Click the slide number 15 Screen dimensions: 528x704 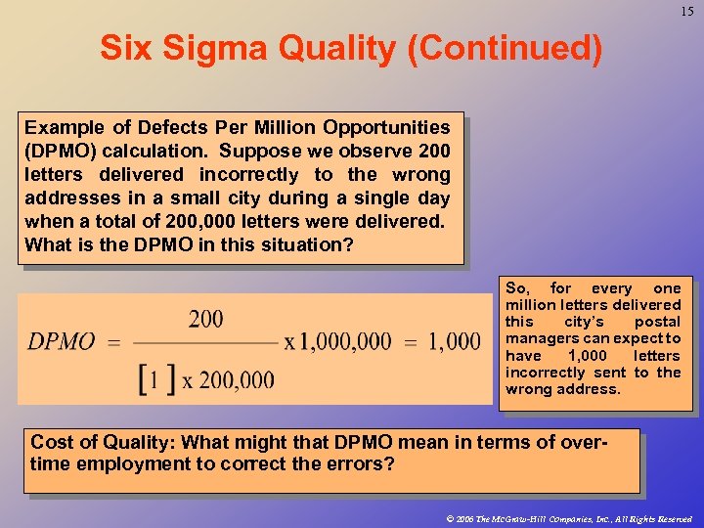pos(685,11)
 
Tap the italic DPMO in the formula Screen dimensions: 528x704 pos(62,342)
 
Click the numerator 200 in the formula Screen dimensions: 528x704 pos(205,319)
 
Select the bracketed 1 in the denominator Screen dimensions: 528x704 pos(149,379)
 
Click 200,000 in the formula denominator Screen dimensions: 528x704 pos(238,380)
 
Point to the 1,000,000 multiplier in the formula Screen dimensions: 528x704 pos(337,342)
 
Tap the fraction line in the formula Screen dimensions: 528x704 pos(205,343)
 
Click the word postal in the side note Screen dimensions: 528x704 pos(656,322)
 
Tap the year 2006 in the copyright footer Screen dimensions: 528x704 pos(459,518)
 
